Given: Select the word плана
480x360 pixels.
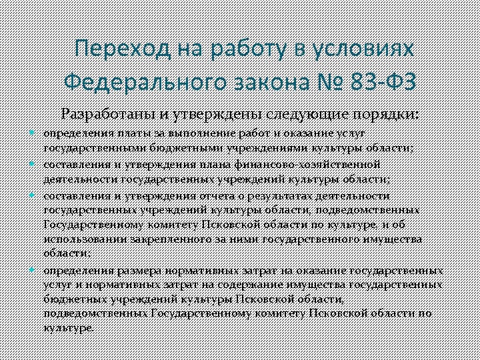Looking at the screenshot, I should pyautogui.click(x=220, y=164).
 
